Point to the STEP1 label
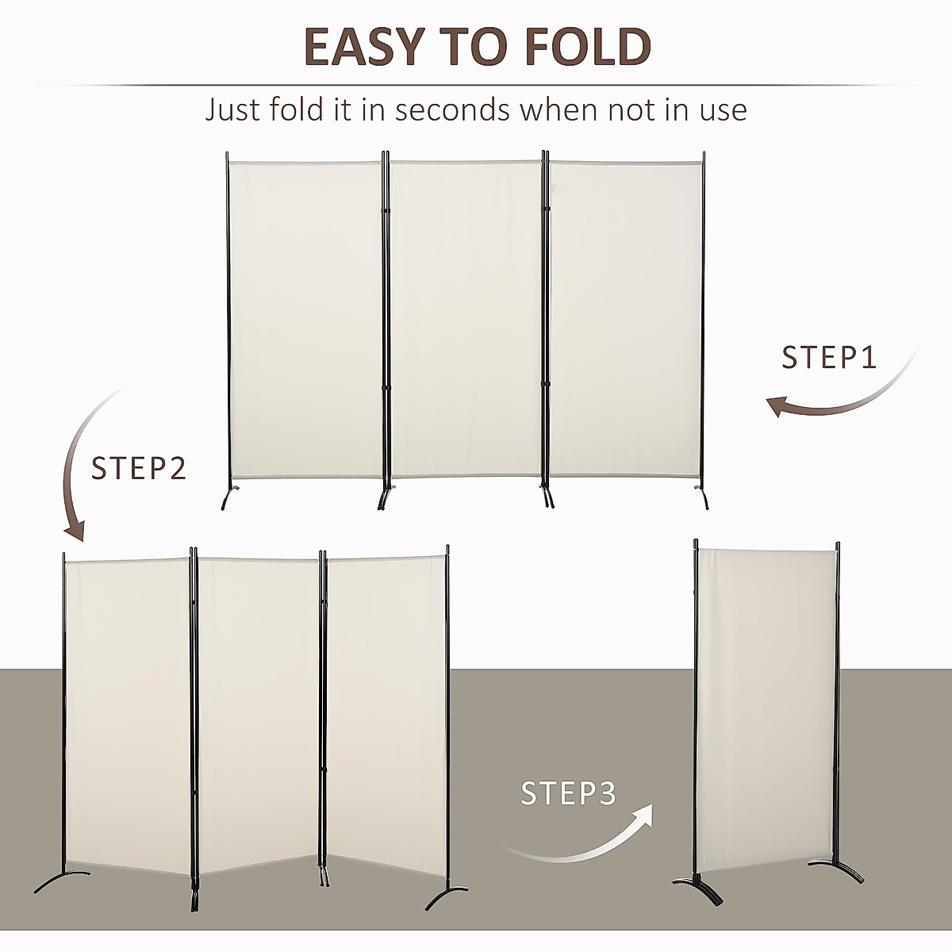point(829,358)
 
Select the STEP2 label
point(139,468)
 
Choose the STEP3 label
point(568,793)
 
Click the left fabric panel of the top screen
point(305,317)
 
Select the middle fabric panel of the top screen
point(466,317)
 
